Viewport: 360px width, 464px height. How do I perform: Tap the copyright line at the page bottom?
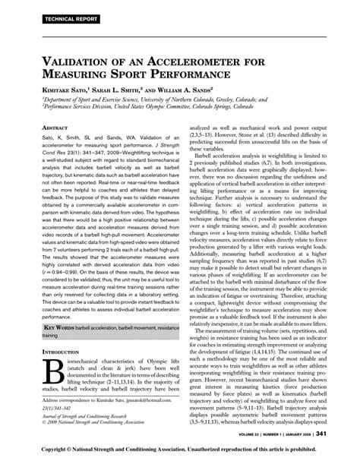tap(180, 451)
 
